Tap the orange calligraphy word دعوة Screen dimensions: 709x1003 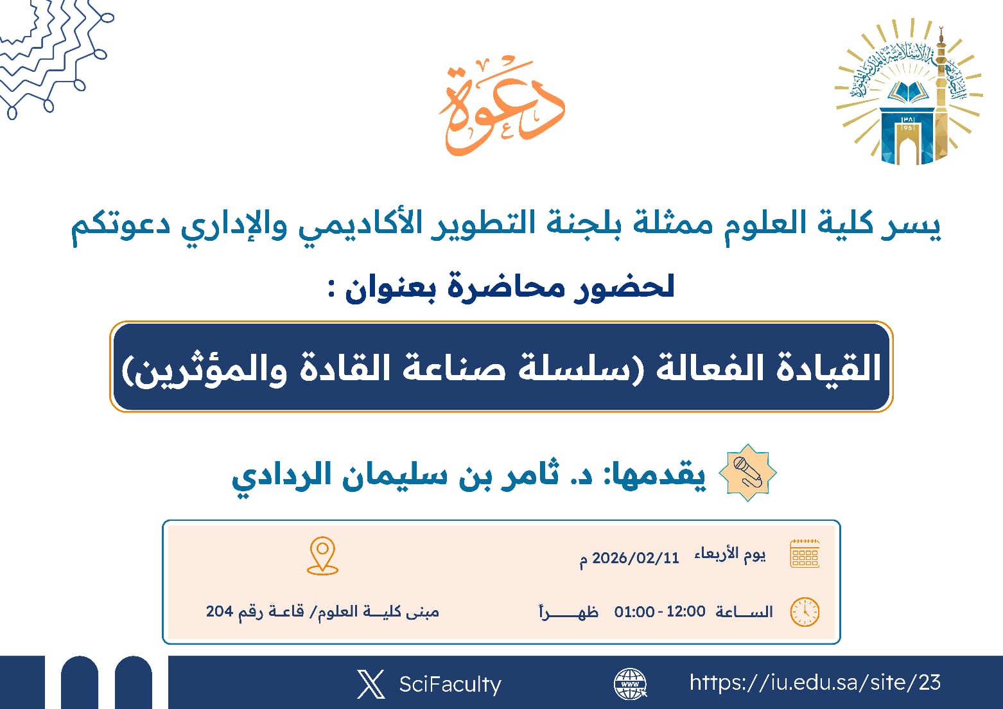(x=501, y=106)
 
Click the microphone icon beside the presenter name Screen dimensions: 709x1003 (x=747, y=473)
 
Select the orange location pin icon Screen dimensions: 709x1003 (x=322, y=556)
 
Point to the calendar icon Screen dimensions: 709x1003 (x=805, y=554)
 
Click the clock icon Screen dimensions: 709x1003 (x=805, y=611)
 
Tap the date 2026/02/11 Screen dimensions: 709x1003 (x=635, y=558)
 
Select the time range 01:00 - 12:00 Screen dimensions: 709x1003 (x=659, y=611)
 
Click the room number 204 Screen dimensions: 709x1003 (x=219, y=611)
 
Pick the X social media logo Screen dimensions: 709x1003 (x=371, y=684)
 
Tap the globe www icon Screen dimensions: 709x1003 (x=630, y=683)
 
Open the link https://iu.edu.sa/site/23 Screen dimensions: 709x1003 (x=815, y=682)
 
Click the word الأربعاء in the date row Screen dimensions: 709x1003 (x=717, y=554)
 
